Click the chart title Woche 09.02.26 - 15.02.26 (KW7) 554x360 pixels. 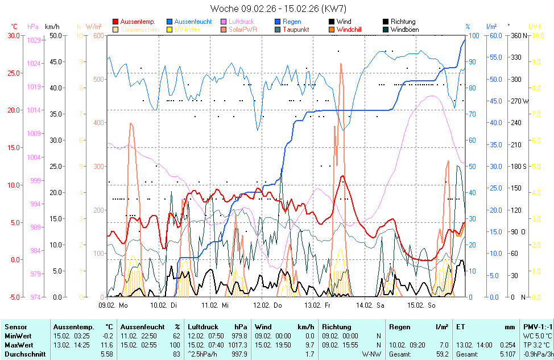pyautogui.click(x=278, y=9)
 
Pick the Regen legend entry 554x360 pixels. pyautogui.click(x=292, y=22)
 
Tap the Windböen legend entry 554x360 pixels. pyautogui.click(x=407, y=30)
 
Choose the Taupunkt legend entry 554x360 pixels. pyautogui.click(x=296, y=30)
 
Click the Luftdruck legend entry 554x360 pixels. pyautogui.click(x=241, y=22)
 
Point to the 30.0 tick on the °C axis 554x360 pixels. pyautogui.click(x=13, y=35)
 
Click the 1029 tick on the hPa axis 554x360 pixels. pyautogui.click(x=34, y=40)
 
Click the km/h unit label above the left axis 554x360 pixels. pyautogui.click(x=52, y=27)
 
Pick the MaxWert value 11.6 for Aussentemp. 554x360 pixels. pyautogui.click(x=107, y=345)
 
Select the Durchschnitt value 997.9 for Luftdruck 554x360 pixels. pyautogui.click(x=239, y=354)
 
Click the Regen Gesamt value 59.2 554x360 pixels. pyautogui.click(x=441, y=354)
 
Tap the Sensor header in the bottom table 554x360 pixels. pyautogui.click(x=15, y=327)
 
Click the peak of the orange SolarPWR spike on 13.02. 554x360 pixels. pyautogui.click(x=341, y=64)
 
